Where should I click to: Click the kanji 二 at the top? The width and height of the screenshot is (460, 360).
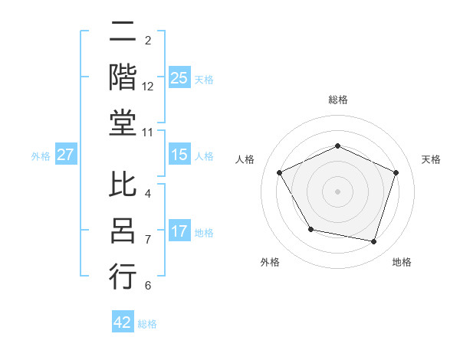click(123, 34)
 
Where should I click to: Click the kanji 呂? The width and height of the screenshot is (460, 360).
click(123, 231)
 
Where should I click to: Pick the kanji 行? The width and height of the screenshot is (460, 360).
click(123, 276)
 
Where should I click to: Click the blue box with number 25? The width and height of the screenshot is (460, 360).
click(179, 78)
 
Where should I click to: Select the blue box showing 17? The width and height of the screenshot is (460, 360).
click(179, 231)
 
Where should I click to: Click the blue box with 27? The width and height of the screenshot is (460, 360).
click(66, 155)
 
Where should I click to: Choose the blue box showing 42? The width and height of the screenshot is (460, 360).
click(123, 322)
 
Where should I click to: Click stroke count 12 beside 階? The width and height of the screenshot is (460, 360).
click(148, 87)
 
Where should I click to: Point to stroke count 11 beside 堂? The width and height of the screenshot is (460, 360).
click(148, 133)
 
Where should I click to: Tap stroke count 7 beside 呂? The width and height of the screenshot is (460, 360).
click(148, 240)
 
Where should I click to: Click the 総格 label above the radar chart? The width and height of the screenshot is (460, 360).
click(338, 100)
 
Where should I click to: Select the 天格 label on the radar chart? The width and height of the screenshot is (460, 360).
click(432, 159)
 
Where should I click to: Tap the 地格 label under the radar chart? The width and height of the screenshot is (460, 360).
click(402, 262)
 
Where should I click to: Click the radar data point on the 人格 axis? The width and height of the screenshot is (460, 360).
click(280, 172)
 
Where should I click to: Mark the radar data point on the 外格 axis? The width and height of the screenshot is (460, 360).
click(310, 229)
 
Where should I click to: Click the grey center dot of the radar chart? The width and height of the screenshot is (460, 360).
click(338, 191)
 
